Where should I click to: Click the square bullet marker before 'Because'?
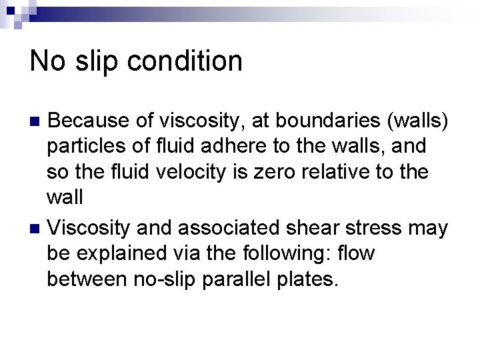[37, 122]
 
